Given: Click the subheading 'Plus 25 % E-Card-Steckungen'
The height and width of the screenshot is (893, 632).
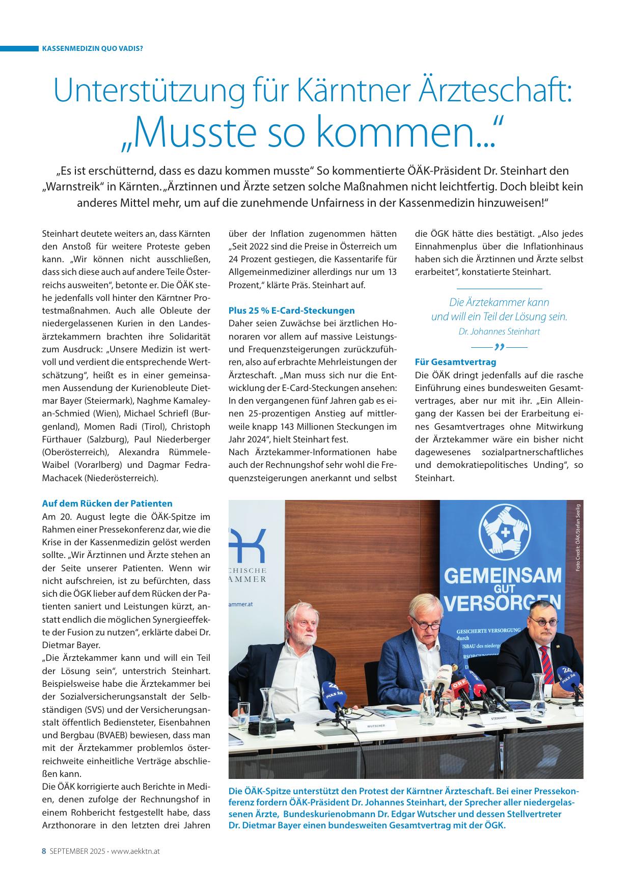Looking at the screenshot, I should [291, 310].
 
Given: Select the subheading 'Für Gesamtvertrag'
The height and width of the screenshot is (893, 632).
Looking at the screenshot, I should [448, 362].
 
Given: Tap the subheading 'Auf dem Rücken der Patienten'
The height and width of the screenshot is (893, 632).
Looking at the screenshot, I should [107, 503].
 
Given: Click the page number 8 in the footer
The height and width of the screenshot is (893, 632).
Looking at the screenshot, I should [44, 851].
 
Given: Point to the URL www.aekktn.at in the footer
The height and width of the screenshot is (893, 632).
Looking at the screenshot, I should [135, 851].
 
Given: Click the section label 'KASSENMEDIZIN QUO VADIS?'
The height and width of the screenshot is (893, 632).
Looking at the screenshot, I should [92, 49].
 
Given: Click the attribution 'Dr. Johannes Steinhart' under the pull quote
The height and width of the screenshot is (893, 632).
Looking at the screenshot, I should [499, 331].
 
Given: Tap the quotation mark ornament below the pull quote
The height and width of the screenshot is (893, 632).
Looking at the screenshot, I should [499, 347].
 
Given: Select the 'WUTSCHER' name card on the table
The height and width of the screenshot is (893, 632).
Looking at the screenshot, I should [376, 724].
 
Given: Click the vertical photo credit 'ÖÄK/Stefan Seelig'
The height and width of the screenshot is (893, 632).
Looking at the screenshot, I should [578, 537].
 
